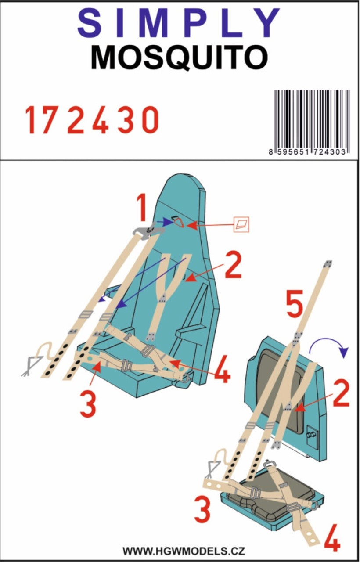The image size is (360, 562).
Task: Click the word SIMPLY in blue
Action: (x=179, y=23)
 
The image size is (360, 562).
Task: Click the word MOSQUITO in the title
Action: (x=179, y=58)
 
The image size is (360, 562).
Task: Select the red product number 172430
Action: (x=91, y=120)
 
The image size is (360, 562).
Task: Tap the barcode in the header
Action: (x=312, y=118)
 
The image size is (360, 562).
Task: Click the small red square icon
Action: (x=241, y=225)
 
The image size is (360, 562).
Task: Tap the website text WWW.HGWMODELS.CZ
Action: (x=184, y=551)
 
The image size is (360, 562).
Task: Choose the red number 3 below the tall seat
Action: (x=89, y=404)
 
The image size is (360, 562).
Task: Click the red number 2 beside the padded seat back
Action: (x=341, y=394)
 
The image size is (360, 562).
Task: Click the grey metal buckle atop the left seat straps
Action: (x=144, y=230)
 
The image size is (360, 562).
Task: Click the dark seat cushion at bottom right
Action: (x=272, y=492)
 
